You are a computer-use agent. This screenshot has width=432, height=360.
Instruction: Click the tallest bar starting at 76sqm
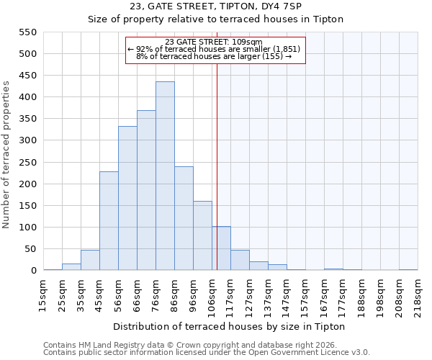pyautogui.click(x=165, y=176)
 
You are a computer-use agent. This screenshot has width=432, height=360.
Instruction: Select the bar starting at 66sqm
pyautogui.click(x=146, y=191)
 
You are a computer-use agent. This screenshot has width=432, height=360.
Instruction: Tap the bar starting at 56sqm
pyautogui.click(x=127, y=199)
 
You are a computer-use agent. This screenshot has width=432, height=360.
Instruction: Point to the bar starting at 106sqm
pyautogui.click(x=221, y=248)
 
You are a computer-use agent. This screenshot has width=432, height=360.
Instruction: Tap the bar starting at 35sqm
pyautogui.click(x=90, y=261)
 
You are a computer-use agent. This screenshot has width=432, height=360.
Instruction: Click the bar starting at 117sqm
pyautogui.click(x=240, y=261)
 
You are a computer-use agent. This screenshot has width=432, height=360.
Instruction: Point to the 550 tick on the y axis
pyautogui.click(x=27, y=32)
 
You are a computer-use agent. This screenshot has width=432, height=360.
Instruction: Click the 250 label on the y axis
pyautogui.click(x=27, y=163)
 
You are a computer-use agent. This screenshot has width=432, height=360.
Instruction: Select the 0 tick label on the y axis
pyautogui.click(x=33, y=271)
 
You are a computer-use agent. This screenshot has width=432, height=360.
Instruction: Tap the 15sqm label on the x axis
pyautogui.click(x=42, y=293)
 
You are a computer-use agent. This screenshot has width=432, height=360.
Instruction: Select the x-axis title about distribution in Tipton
pyautogui.click(x=230, y=327)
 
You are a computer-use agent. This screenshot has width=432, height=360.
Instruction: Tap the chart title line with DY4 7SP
pyautogui.click(x=216, y=6)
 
